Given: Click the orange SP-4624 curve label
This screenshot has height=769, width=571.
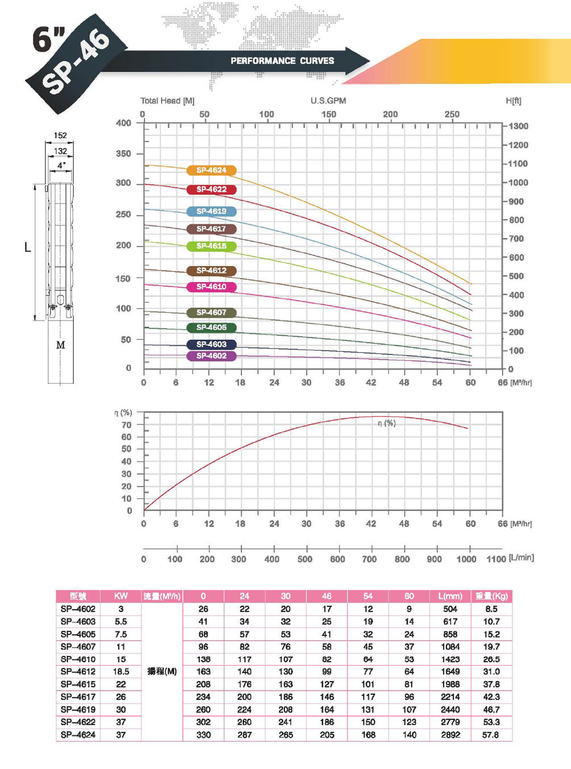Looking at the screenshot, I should coord(212,171).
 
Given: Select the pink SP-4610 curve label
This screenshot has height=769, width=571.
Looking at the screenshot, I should coord(212,287).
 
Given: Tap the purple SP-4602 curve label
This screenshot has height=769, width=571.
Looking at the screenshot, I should coord(212,356).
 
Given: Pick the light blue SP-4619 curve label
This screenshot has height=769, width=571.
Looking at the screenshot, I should coord(212,211).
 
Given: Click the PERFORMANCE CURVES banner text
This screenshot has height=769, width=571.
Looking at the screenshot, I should coord(282,61).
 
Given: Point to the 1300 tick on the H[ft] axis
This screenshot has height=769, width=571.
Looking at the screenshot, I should coord(518,126).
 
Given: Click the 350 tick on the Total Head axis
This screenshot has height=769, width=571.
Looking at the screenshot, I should coord(123,153).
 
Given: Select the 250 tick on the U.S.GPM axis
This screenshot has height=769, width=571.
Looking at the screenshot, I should coord(452,114).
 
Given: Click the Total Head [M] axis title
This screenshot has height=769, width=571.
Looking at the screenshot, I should coord(167,101).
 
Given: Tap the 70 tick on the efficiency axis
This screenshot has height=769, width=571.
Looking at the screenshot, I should coord(126,425).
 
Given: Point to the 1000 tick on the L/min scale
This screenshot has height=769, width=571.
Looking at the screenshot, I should coord(466,559).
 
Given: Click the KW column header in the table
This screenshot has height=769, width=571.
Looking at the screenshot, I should coord(121,596).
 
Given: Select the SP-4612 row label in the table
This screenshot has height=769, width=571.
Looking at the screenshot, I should coord(78,672).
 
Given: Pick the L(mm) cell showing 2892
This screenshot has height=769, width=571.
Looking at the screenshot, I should coord(450,735).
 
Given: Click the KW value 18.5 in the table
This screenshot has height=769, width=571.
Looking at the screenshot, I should coord(121,672).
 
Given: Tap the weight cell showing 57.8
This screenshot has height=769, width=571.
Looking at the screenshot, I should coord(491,735).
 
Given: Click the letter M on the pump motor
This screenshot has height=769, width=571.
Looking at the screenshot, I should coord(60,345).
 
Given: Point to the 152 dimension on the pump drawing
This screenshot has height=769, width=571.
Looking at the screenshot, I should coord(60,136).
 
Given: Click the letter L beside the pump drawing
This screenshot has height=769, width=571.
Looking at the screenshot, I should coord(27,247).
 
